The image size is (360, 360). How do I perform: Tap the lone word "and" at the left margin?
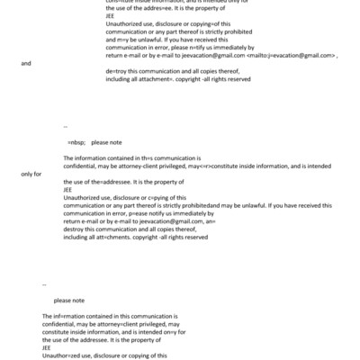(x=25, y=64)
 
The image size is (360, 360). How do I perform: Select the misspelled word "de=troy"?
(x=117, y=70)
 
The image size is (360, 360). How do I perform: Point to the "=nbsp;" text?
(x=76, y=142)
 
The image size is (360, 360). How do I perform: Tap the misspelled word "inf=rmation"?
(x=74, y=316)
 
